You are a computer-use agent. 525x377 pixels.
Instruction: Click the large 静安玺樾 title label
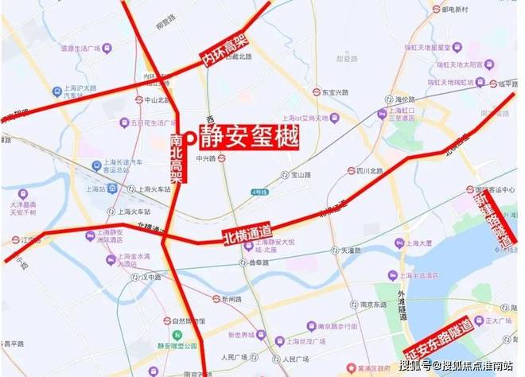pyautogui.click(x=248, y=138)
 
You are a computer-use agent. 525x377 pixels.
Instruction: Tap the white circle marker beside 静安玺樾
pyautogui.click(x=190, y=138)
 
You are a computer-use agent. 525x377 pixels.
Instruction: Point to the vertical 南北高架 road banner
pyautogui.click(x=177, y=159)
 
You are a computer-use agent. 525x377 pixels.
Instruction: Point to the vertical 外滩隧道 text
pyautogui.click(x=403, y=305)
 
